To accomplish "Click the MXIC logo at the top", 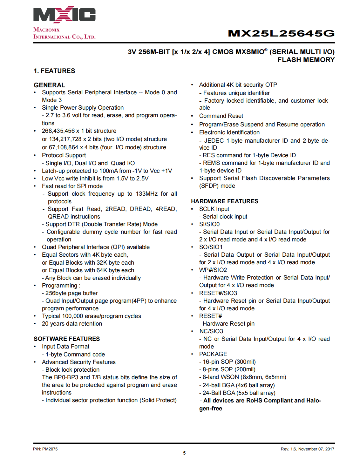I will click(64, 15).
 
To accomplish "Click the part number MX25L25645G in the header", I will click(281, 33).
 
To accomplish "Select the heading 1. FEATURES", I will click(54, 71).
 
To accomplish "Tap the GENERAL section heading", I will click(49, 85).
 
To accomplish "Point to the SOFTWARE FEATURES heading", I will click(67, 339).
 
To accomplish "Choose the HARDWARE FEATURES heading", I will click(224, 201).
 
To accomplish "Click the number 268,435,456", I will click(58, 131).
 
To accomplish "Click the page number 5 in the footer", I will click(184, 453).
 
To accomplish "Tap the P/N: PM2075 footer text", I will click(45, 449).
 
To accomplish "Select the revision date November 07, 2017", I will click(316, 449).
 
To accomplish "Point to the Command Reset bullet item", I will click(221, 116).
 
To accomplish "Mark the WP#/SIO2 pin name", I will click(213, 270).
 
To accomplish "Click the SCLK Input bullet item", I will click(214, 209).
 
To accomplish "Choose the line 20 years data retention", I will click(72, 324).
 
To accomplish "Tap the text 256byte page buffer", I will click(71, 293).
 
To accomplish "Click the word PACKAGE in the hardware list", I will click(213, 354).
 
